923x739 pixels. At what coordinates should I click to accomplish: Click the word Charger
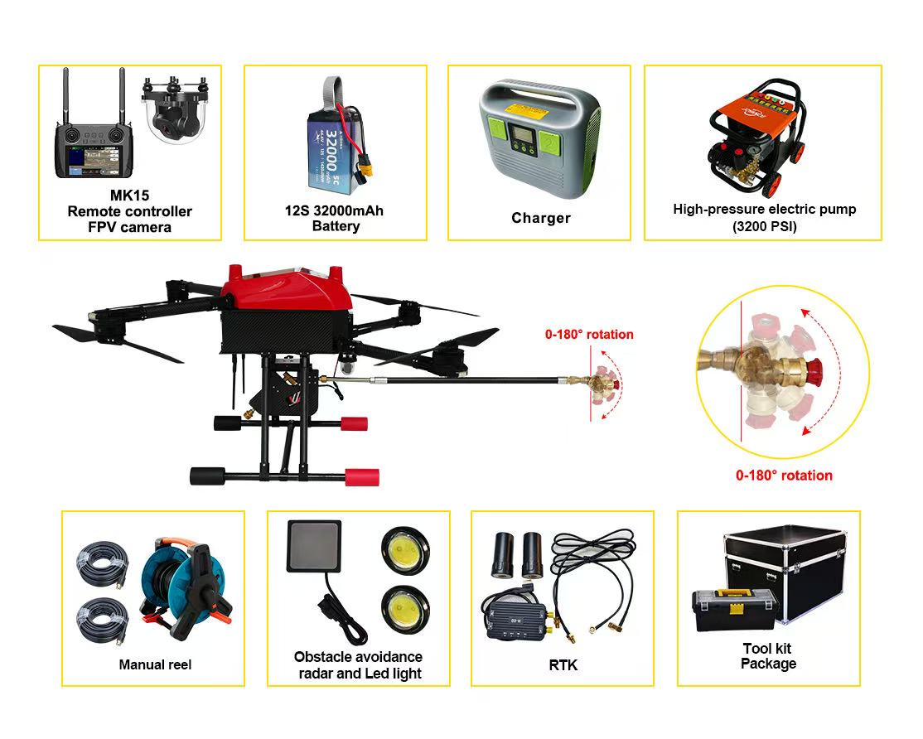click(541, 218)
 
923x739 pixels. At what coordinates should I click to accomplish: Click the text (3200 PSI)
click(764, 227)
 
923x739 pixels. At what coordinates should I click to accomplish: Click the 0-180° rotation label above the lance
click(589, 334)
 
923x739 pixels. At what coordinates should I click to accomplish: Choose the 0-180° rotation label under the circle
click(784, 476)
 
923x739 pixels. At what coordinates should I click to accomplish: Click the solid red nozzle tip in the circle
click(815, 371)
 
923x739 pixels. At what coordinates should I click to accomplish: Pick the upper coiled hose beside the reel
click(103, 563)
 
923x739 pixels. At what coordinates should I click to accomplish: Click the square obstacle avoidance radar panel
click(314, 546)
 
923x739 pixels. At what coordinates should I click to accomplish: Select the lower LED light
click(405, 609)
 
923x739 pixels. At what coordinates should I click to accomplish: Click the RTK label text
click(563, 665)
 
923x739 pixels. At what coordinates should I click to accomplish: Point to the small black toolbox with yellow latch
click(735, 609)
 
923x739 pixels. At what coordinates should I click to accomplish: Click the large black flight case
click(786, 570)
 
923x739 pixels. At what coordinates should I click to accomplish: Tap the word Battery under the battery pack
click(336, 226)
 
